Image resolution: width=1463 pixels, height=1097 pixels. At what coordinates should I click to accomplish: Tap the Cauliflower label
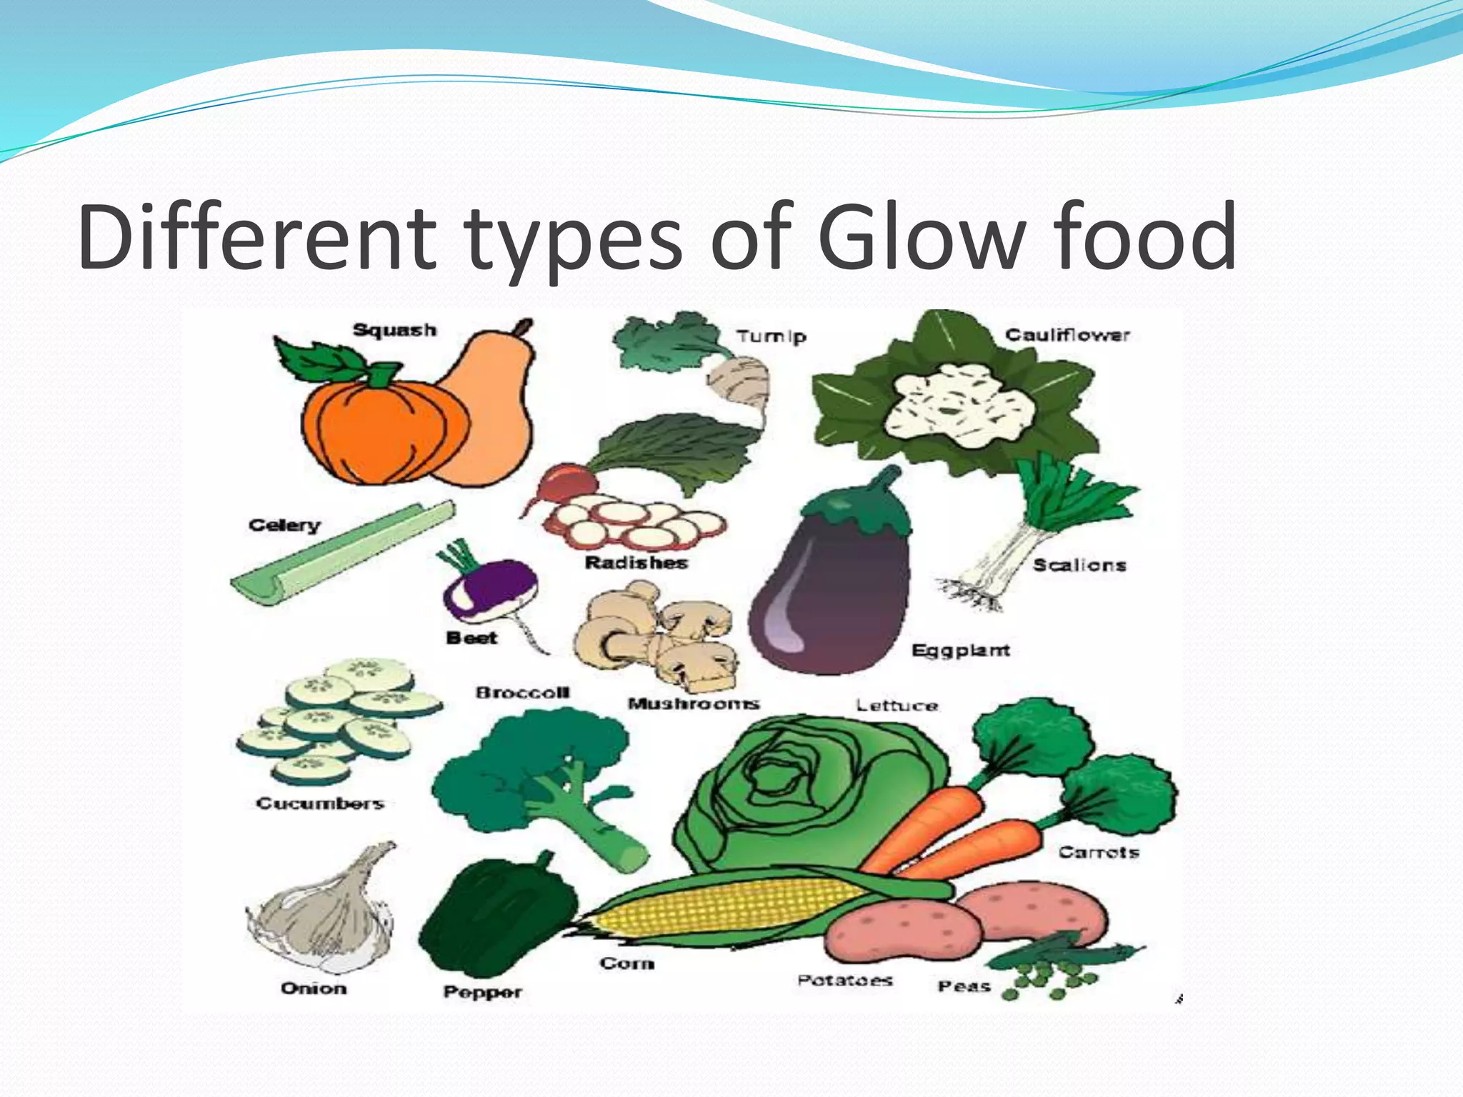tap(1067, 335)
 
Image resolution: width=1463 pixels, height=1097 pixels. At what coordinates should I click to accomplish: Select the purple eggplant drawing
tap(829, 593)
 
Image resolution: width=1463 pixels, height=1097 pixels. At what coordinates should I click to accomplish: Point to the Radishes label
tap(636, 563)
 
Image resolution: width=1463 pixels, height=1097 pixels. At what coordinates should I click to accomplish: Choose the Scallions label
tap(1079, 565)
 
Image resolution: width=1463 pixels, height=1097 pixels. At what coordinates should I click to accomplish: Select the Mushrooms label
tap(693, 704)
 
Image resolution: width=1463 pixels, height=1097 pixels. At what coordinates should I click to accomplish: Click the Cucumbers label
tap(320, 803)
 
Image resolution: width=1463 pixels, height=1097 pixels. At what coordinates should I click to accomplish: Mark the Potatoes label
tap(844, 980)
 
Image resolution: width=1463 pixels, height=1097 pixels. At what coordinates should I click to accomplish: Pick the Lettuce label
tap(897, 706)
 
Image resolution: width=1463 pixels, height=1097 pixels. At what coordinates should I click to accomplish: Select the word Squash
tap(394, 330)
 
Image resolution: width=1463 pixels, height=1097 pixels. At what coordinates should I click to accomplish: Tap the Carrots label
tap(1098, 852)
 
